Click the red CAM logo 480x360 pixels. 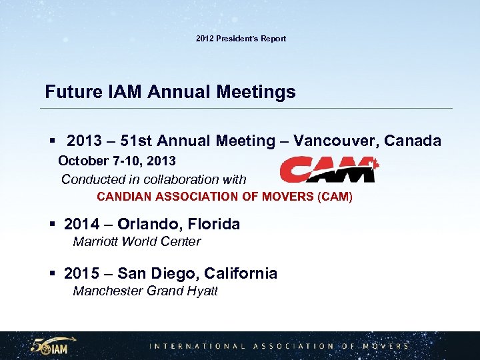click(x=329, y=169)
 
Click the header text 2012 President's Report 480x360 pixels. click(x=241, y=39)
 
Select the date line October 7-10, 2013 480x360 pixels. click(x=117, y=161)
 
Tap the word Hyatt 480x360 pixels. click(x=202, y=291)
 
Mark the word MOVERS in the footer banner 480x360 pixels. click(x=385, y=346)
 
